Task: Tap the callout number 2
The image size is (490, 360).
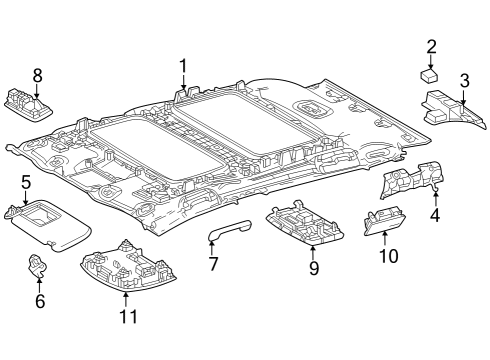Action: (431, 46)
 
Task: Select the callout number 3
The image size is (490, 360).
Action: (464, 80)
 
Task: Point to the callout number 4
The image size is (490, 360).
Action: (434, 213)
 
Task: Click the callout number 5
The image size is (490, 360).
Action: (26, 182)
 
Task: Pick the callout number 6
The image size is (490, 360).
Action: (40, 300)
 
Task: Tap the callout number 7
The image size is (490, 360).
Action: (212, 264)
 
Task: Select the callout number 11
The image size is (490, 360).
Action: (126, 315)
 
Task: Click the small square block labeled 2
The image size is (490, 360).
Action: (430, 74)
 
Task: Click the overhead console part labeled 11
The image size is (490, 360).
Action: (127, 268)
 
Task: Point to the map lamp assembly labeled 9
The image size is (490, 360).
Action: (305, 227)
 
